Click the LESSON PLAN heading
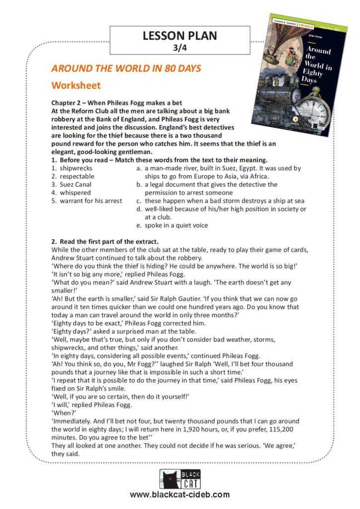tap(180, 36)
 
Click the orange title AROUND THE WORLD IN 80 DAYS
tap(126, 69)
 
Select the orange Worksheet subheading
tap(76, 85)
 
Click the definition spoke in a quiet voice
tap(176, 225)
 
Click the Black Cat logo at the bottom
tap(180, 480)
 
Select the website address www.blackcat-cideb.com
tap(180, 495)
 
